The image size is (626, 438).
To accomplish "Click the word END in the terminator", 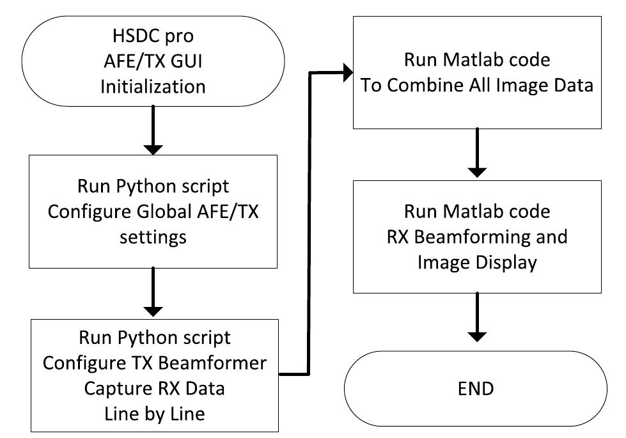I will [476, 388].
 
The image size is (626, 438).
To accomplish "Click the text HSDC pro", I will [153, 36].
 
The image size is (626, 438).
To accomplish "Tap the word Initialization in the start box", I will [153, 86].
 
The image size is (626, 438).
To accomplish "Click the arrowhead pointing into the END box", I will [476, 339].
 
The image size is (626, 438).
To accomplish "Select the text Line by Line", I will [153, 413].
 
